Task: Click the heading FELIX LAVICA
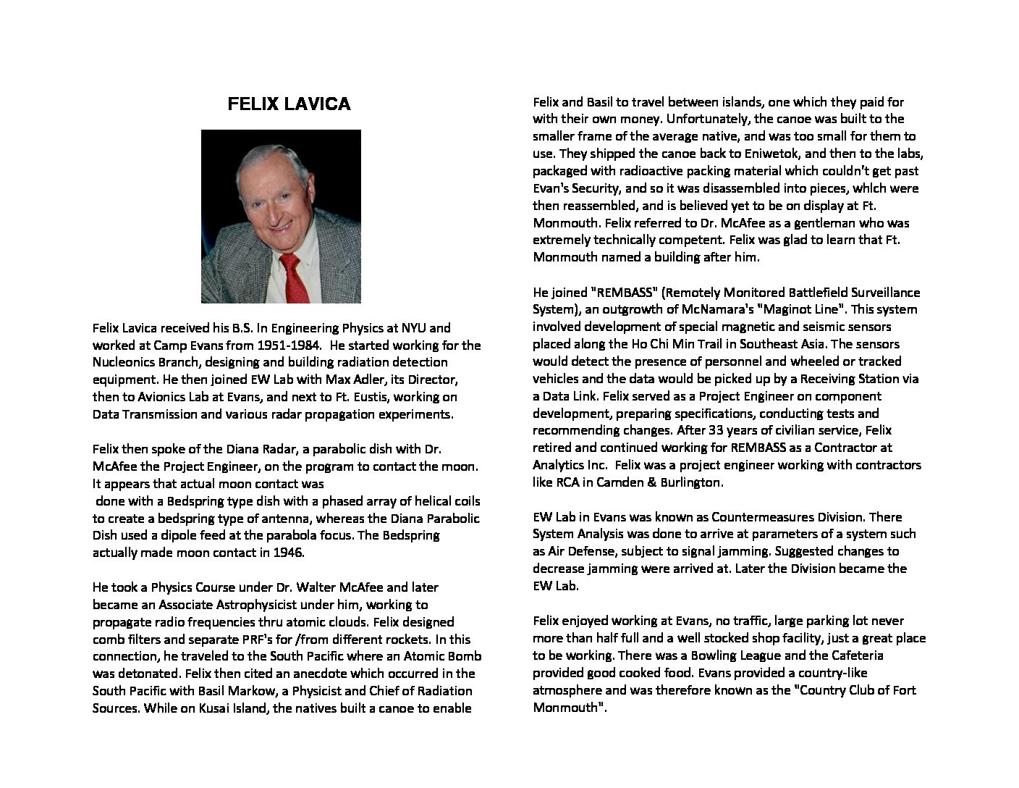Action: click(x=289, y=104)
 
